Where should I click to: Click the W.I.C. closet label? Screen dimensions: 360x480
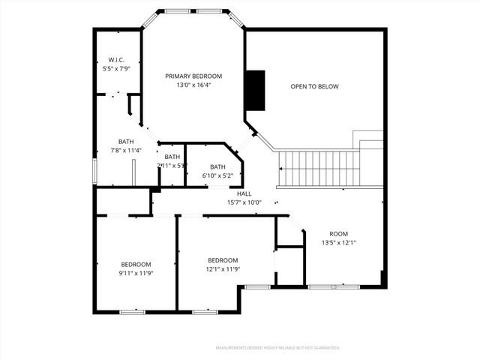(116, 60)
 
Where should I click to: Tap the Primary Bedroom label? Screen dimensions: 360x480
(193, 76)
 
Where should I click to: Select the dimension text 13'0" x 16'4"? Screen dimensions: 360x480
(193, 85)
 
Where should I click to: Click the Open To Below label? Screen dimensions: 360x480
(314, 87)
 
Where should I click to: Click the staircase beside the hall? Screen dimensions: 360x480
(319, 169)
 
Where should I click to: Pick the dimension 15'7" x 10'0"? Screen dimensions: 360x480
(244, 202)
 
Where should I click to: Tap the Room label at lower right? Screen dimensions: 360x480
(338, 233)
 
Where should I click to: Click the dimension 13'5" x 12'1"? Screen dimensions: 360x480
(338, 242)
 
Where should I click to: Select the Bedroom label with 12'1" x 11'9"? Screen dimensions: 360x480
(223, 260)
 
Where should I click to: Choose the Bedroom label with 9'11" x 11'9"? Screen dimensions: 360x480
(136, 264)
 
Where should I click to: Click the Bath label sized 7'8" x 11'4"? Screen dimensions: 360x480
(126, 142)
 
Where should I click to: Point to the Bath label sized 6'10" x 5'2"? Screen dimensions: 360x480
(217, 167)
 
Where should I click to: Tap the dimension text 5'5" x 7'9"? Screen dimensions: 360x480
(116, 69)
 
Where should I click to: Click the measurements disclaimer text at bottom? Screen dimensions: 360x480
(277, 348)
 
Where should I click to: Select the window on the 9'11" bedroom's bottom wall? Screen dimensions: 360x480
(133, 311)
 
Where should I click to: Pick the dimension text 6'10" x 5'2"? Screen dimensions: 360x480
(217, 176)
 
